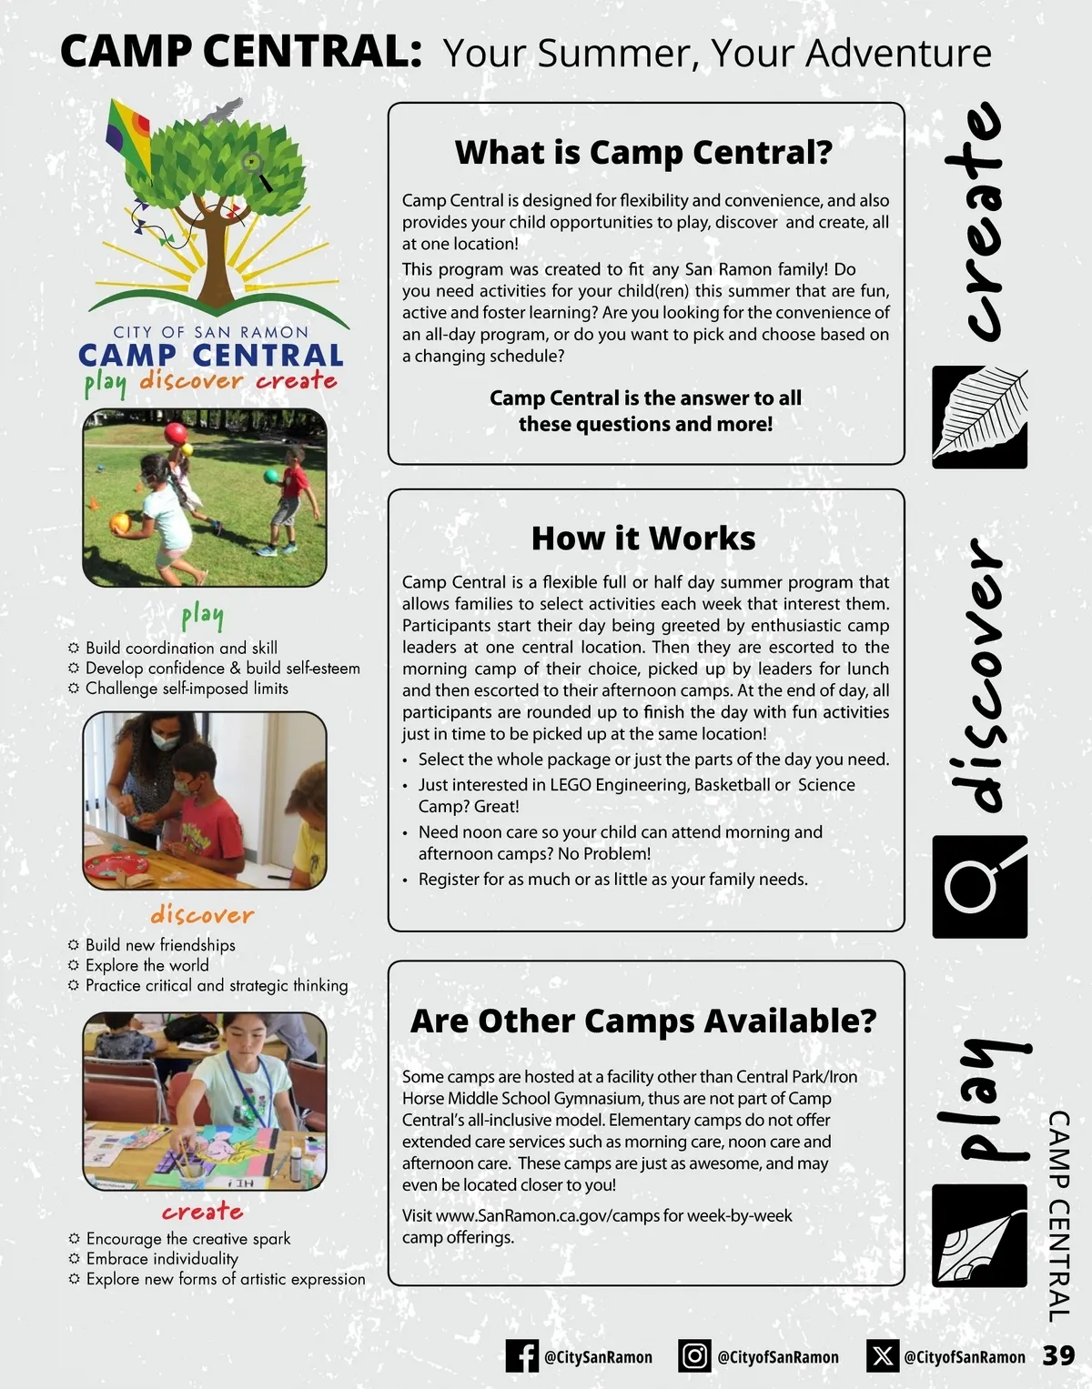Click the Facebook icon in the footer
tap(521, 1356)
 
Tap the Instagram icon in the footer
tap(694, 1356)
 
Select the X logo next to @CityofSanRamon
tap(881, 1356)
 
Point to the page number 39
tap(1058, 1355)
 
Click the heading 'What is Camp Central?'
tap(643, 153)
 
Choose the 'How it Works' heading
tap(643, 538)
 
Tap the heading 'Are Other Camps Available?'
tap(643, 1021)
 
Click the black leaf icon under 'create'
tap(979, 418)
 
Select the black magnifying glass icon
tap(979, 886)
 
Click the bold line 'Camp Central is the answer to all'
tap(645, 398)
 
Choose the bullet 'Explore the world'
tap(147, 965)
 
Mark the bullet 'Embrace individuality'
tap(162, 1259)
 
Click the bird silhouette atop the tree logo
tap(222, 111)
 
